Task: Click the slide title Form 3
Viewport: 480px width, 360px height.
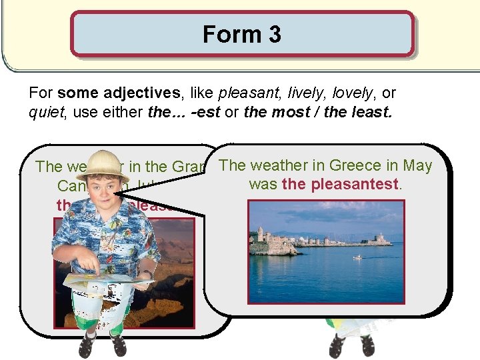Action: tap(241, 34)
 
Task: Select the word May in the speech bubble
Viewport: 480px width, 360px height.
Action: tap(417, 165)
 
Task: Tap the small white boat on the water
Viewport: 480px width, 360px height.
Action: tap(358, 257)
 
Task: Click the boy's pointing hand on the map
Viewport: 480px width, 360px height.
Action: tap(100, 271)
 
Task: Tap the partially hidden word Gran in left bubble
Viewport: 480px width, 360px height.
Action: tap(191, 166)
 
